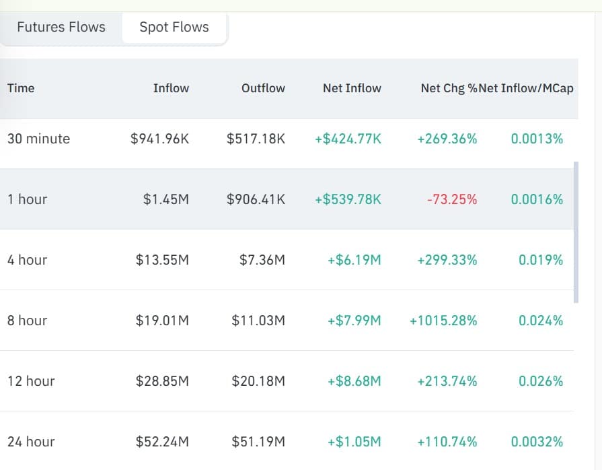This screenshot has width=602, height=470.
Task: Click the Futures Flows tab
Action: point(61,28)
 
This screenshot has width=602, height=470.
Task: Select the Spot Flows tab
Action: point(174,28)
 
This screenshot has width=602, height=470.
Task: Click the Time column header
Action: point(21,88)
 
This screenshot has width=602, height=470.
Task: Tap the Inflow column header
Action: point(171,88)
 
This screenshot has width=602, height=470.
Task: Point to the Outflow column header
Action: point(263,88)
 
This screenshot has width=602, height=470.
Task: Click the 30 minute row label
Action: point(38,139)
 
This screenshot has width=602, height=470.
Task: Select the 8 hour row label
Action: point(27,321)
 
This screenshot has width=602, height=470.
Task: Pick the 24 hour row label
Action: point(31,442)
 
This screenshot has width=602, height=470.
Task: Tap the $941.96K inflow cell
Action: point(159,139)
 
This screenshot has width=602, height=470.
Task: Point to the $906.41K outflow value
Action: point(256,199)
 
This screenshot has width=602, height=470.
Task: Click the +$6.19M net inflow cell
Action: point(354,260)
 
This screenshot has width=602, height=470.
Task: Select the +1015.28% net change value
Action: point(443,321)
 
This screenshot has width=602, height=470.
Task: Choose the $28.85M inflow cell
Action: point(162,381)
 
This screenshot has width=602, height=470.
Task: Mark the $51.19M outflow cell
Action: point(258,442)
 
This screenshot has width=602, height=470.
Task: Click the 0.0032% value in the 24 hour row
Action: point(537,442)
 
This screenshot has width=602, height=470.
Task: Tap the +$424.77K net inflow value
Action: point(348,139)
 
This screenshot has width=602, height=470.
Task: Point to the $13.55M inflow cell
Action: point(162,260)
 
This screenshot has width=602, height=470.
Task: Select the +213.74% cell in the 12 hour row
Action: point(447,381)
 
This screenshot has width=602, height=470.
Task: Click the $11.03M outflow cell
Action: point(258,321)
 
